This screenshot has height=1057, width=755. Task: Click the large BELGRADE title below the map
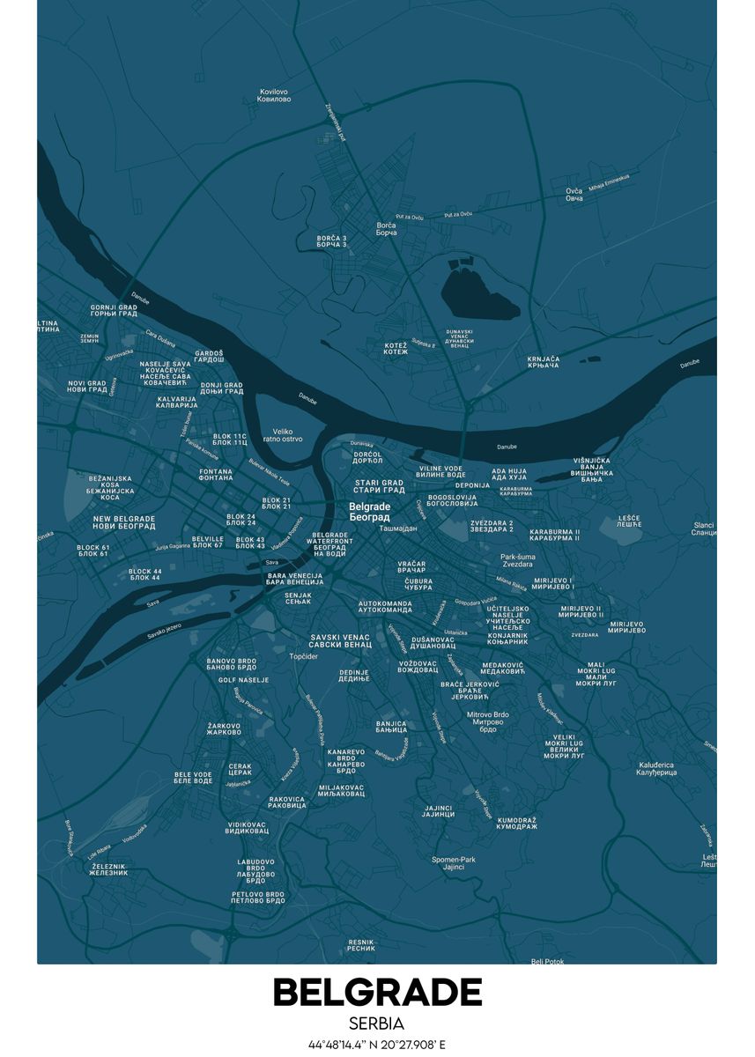[377, 993]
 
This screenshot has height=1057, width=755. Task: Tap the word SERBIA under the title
[377, 1024]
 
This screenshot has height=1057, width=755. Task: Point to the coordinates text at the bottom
[377, 1045]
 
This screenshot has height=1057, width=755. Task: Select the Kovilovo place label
[275, 95]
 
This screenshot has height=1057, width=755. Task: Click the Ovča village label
[574, 195]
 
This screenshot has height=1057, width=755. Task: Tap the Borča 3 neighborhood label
[332, 240]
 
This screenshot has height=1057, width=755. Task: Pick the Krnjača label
[544, 362]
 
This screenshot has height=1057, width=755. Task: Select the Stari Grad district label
[380, 486]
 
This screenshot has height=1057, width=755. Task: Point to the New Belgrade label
[124, 522]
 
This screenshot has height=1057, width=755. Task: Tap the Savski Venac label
[341, 640]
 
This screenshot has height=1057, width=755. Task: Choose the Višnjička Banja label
[592, 469]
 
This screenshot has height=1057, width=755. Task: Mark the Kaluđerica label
[656, 769]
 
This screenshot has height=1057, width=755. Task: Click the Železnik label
[108, 870]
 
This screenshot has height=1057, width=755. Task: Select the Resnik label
[361, 945]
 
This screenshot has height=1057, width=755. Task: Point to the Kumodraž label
[517, 824]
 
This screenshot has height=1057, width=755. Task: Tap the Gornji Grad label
[114, 311]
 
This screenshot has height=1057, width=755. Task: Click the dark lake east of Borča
[476, 293]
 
